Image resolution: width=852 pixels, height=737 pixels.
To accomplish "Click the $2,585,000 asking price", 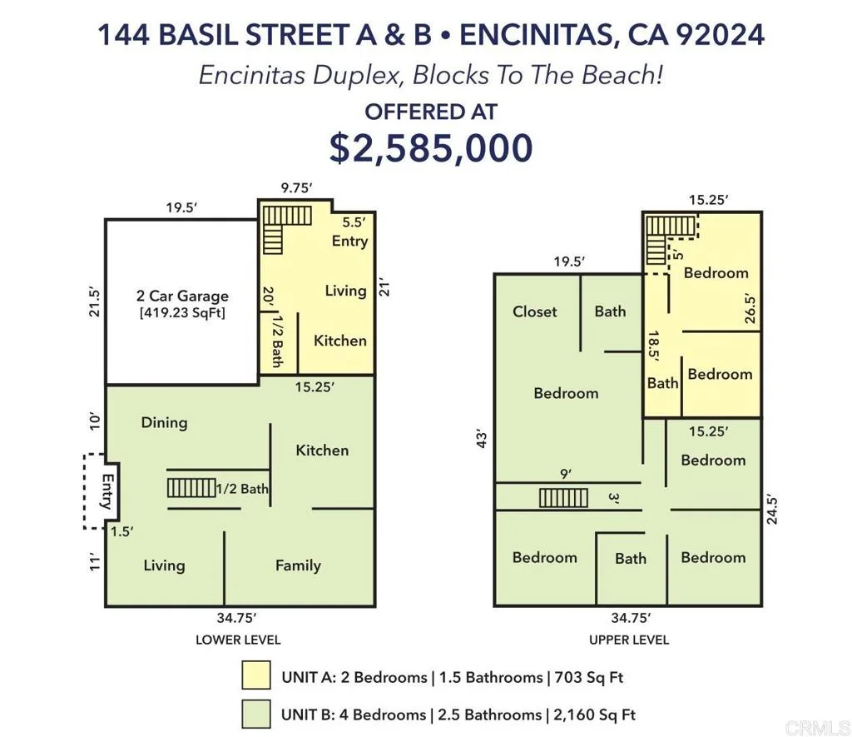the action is pos(431,148).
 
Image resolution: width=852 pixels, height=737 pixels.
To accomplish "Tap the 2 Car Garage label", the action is pos(182,296).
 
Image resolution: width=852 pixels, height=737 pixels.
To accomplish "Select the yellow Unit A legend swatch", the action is pos(256,675).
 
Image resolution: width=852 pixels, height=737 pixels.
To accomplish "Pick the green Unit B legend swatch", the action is pos(256,714).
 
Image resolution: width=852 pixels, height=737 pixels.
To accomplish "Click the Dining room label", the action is pos(164,422).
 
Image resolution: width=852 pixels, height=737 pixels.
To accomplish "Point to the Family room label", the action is pos(298,565).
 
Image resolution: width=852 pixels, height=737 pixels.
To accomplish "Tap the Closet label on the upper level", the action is pos(535,311).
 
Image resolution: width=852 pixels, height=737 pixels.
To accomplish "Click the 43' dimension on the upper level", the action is pos(481,440).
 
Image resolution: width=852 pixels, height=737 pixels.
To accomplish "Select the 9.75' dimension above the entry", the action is pos(297,188).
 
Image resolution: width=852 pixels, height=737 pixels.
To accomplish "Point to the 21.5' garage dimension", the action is pos(95,302).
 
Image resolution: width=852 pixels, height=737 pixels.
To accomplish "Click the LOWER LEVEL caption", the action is pos(238,640).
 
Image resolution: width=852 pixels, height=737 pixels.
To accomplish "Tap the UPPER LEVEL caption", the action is pos(629,640).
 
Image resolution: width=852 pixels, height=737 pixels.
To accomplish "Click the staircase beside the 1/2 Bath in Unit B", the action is pos(191,487).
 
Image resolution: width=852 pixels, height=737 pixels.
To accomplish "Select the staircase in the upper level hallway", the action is pos(563,498).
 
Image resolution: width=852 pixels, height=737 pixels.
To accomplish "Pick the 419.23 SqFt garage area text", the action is pos(182,313).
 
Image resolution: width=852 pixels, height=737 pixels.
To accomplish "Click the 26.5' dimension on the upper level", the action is pos(750,309).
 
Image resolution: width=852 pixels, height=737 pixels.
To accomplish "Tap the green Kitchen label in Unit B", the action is pos(322,451).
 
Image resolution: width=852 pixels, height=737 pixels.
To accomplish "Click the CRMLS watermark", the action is pos(817,727).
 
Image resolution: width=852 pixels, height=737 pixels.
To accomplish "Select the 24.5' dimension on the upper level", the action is pos(771,510).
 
